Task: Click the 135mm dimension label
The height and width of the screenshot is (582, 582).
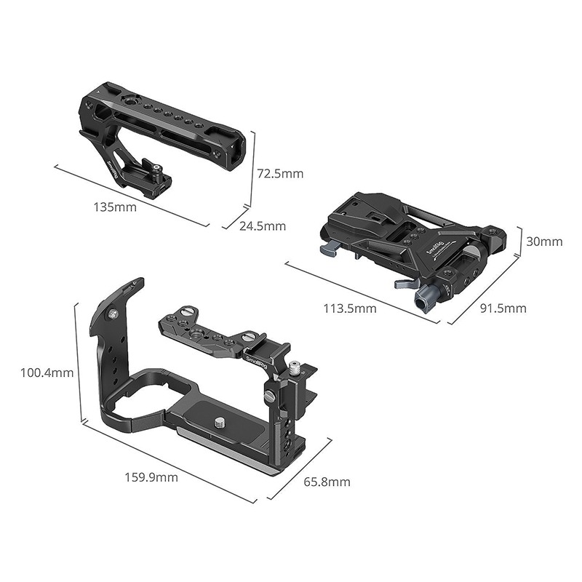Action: point(115,207)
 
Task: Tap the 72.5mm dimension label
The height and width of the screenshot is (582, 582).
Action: point(280,174)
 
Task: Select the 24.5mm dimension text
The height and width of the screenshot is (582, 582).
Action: point(263,226)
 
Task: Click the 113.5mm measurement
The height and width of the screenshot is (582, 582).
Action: point(350,308)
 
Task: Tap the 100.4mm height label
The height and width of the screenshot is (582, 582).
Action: point(47,373)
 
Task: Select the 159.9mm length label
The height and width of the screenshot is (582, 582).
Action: point(151,477)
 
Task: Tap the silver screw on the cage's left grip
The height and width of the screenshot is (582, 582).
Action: point(113,314)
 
